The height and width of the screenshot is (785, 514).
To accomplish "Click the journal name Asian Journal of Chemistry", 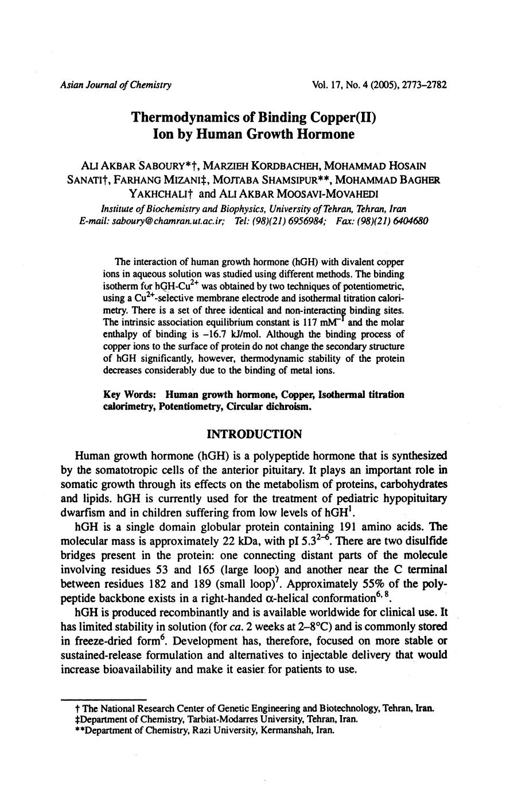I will (x=115, y=85).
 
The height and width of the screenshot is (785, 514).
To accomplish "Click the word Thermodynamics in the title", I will (x=185, y=118).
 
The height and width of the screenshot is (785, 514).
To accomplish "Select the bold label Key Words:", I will (x=129, y=395).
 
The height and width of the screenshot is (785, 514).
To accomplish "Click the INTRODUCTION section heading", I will (x=254, y=434).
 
